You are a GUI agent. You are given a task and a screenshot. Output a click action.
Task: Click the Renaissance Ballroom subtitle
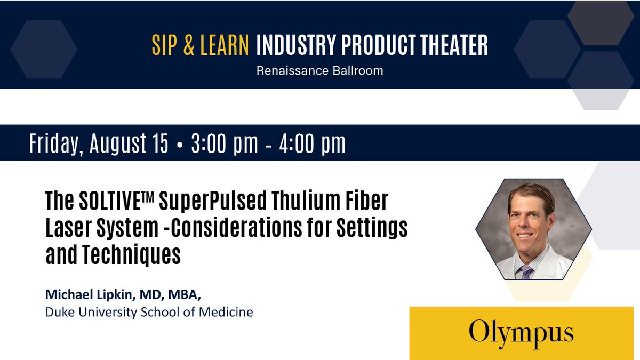319,70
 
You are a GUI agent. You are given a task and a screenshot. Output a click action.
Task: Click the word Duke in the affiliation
59,311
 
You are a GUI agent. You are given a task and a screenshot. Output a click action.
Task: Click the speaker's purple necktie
526,272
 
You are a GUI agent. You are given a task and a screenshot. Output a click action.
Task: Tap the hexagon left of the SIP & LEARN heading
44,49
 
